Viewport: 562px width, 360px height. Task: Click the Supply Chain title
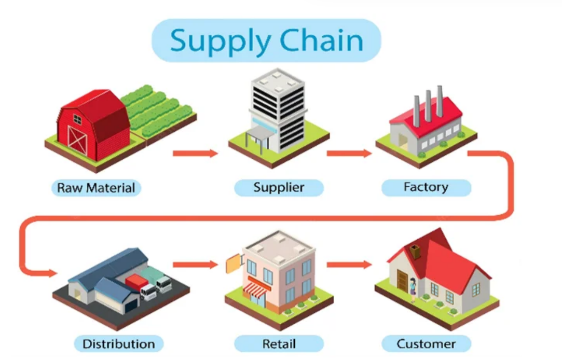(x=266, y=40)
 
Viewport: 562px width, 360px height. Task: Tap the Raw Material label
(x=96, y=187)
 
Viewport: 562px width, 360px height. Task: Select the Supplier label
(x=279, y=187)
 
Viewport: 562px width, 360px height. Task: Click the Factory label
(x=426, y=187)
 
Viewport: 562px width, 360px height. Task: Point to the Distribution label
(x=119, y=343)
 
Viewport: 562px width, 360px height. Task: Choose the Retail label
(x=279, y=343)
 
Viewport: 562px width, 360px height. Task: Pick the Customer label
(x=426, y=343)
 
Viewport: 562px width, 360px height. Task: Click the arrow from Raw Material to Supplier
(x=195, y=153)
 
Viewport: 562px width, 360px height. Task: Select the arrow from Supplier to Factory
(x=349, y=153)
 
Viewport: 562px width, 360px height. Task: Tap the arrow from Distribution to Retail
(x=195, y=265)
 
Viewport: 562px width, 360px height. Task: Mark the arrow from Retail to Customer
(x=349, y=265)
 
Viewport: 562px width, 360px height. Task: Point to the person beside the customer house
(x=413, y=289)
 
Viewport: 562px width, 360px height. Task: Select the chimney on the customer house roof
(x=415, y=252)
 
